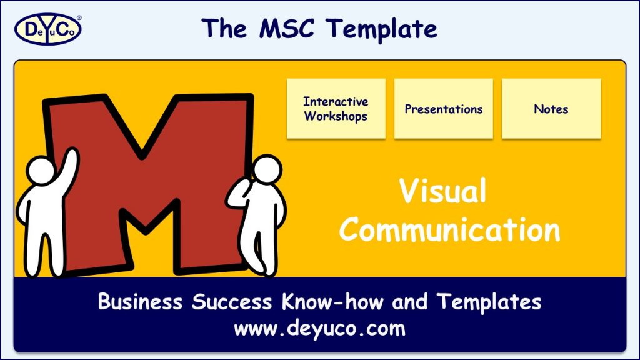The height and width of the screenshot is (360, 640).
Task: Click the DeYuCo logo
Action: (47, 28)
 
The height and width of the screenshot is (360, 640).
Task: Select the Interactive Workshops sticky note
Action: (336, 109)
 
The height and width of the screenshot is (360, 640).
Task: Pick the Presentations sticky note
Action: (444, 109)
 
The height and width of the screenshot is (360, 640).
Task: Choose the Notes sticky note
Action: (551, 109)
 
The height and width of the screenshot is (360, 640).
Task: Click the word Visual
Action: (443, 191)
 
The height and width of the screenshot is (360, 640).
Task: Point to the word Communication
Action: (449, 229)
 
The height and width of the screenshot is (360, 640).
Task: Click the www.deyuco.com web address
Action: (319, 328)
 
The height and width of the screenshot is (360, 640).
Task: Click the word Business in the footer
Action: (141, 302)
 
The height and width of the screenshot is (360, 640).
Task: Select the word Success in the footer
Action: (231, 302)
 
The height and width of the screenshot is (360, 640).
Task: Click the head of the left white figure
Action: (42, 171)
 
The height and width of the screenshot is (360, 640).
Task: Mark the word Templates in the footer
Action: (489, 302)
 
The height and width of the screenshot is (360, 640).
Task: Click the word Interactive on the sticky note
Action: (336, 102)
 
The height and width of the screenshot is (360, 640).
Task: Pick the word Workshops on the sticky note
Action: (336, 116)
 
